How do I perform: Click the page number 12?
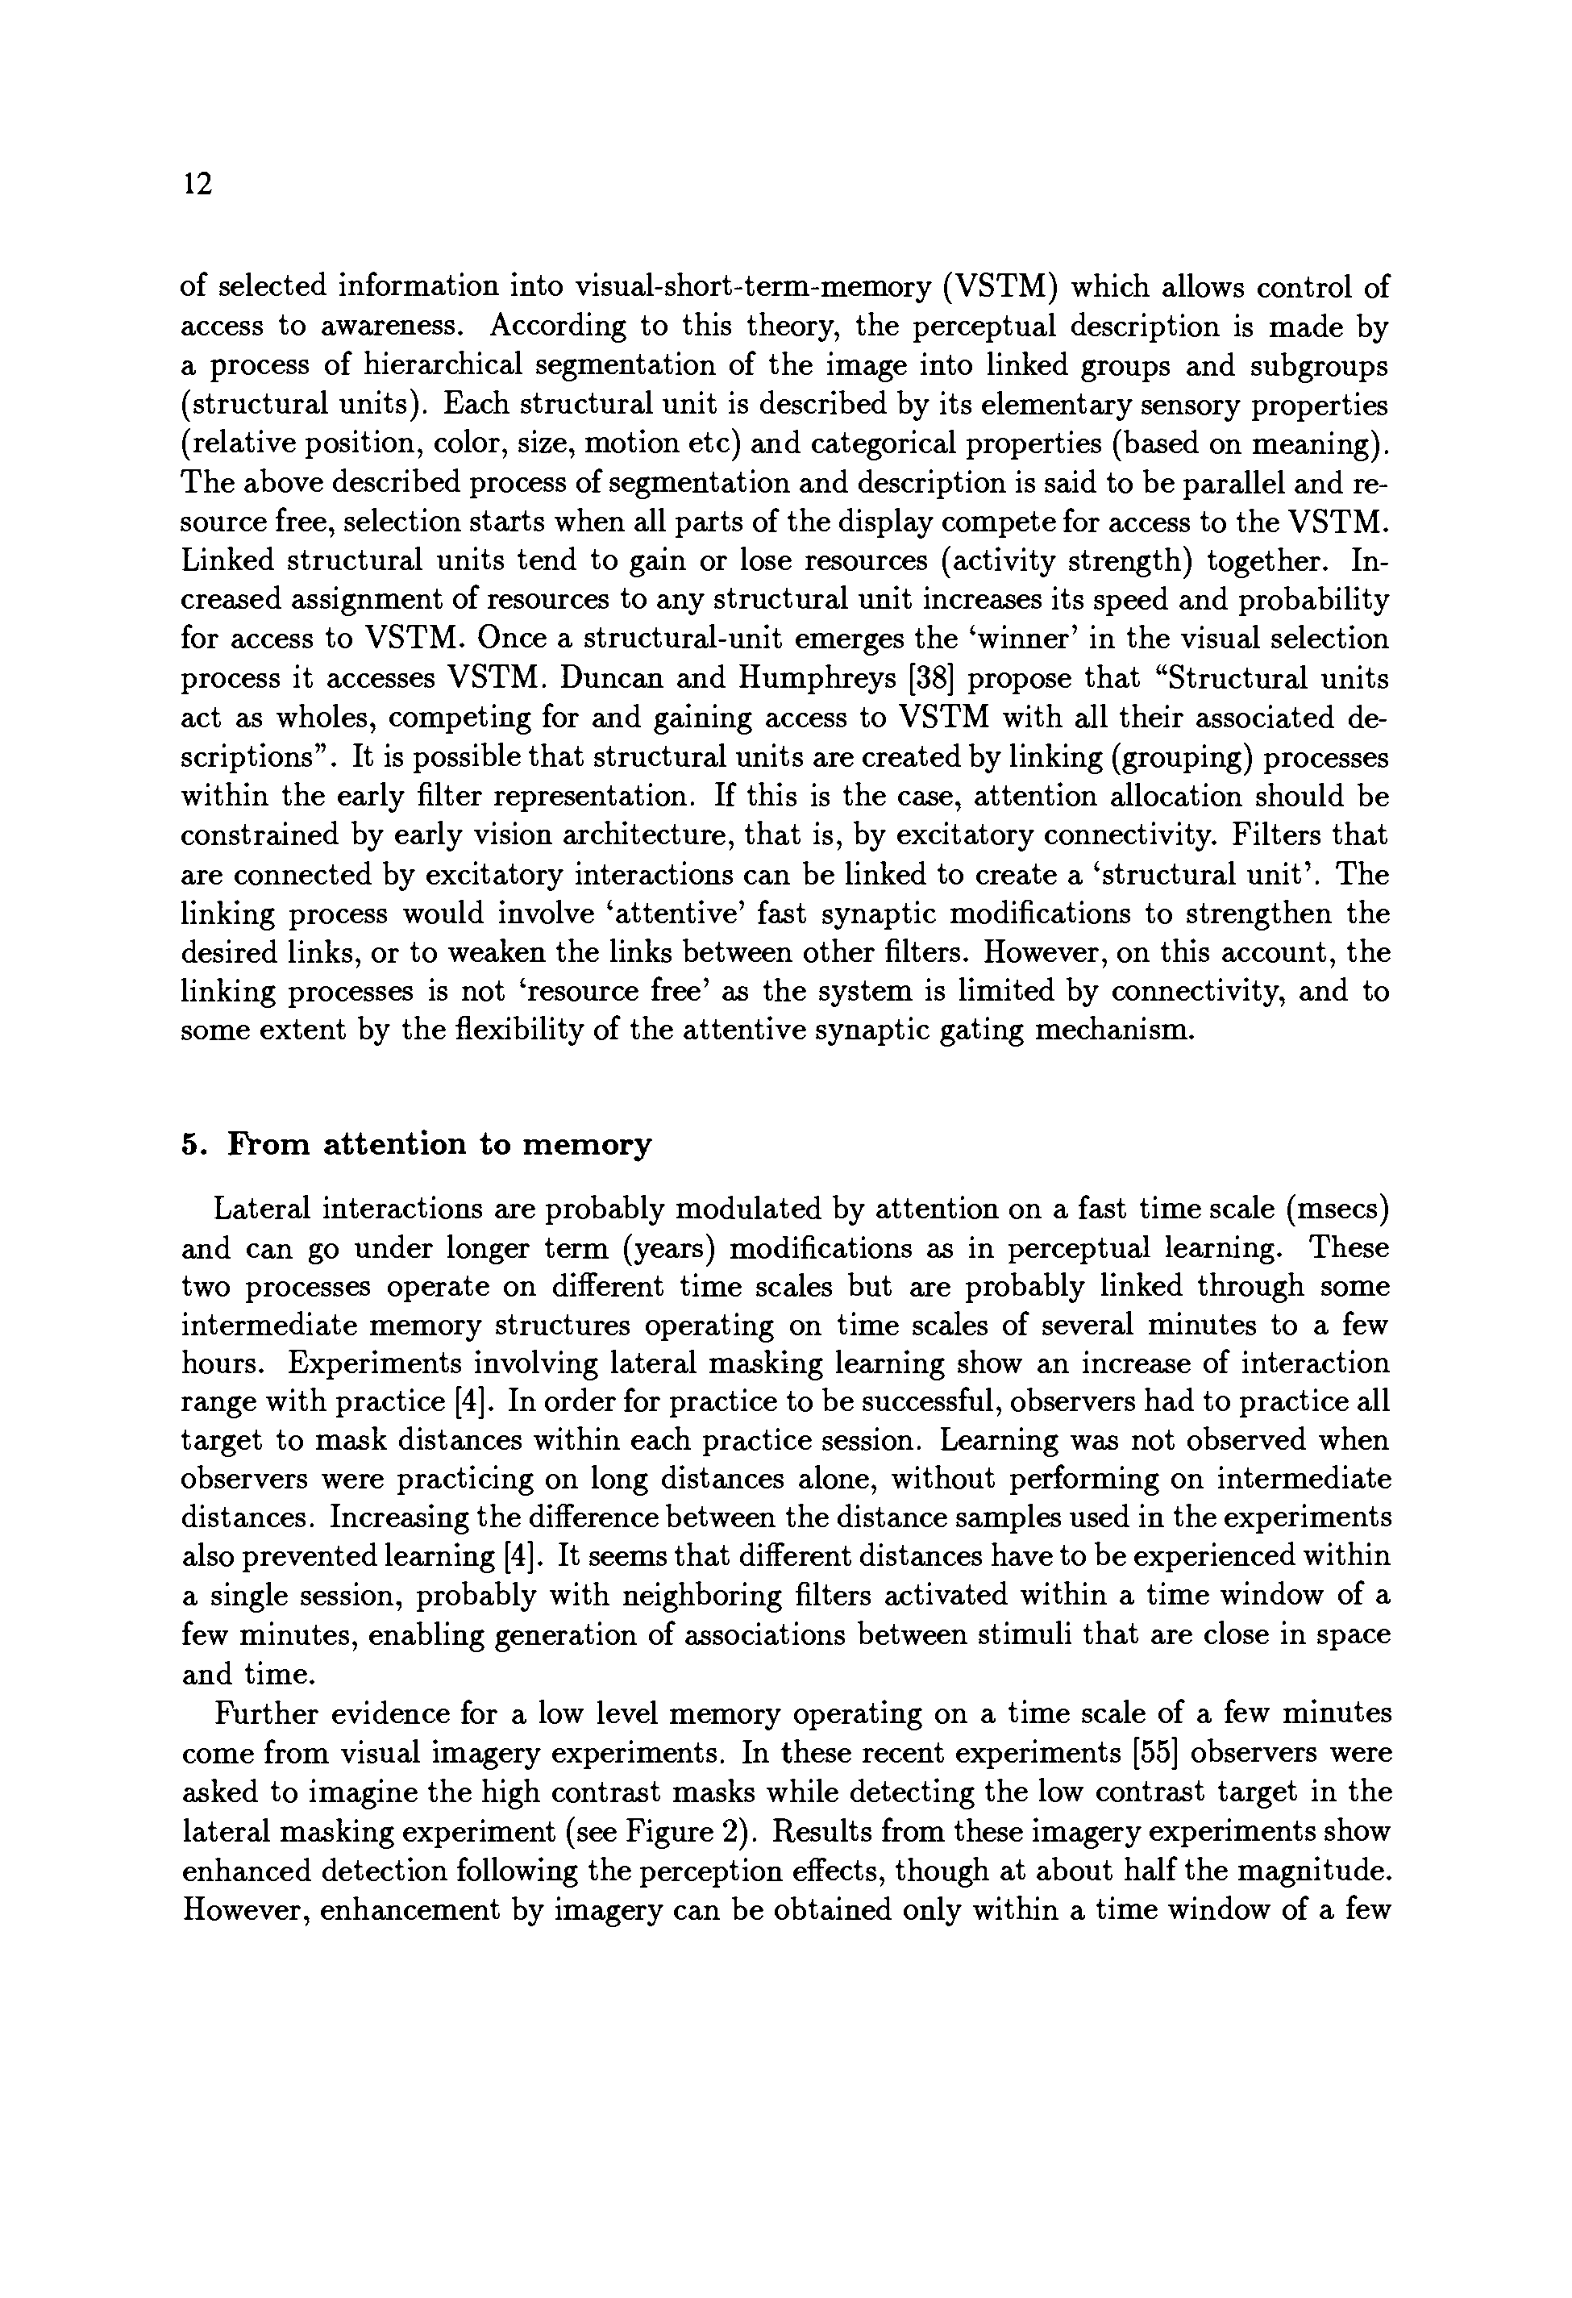click(198, 185)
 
